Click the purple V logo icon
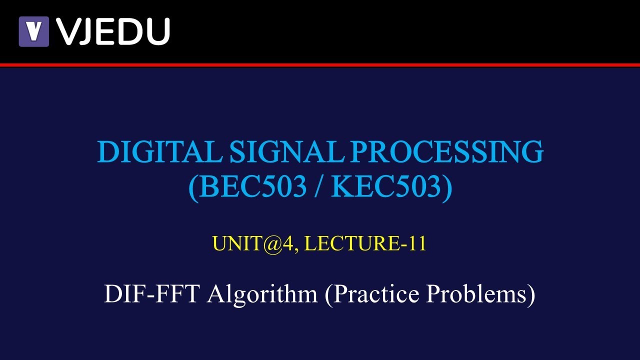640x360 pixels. click(x=33, y=31)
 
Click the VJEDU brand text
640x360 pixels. click(x=113, y=31)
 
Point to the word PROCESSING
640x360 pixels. click(x=446, y=152)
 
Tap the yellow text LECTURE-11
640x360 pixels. click(x=365, y=243)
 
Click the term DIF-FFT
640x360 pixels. click(x=152, y=294)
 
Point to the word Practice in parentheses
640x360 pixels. click(x=378, y=294)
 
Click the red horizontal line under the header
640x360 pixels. click(x=320, y=65)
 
